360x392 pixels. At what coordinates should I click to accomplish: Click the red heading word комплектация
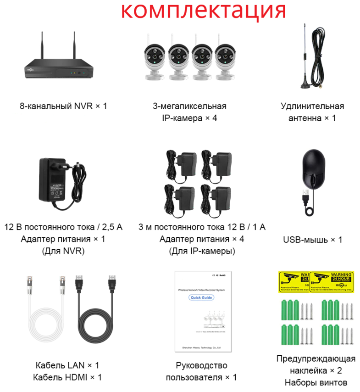pyautogui.click(x=205, y=10)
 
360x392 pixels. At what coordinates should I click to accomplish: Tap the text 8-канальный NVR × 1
pyautogui.click(x=63, y=106)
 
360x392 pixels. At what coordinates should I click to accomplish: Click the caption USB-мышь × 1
pyautogui.click(x=312, y=240)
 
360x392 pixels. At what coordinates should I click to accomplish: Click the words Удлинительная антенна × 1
pyautogui.click(x=312, y=112)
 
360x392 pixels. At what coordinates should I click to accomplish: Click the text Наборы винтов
pyautogui.click(x=316, y=382)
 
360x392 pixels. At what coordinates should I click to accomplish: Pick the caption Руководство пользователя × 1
pyautogui.click(x=201, y=371)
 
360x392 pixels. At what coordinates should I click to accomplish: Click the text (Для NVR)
pyautogui.click(x=63, y=251)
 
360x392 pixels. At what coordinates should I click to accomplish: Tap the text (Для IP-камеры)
pyautogui.click(x=202, y=251)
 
